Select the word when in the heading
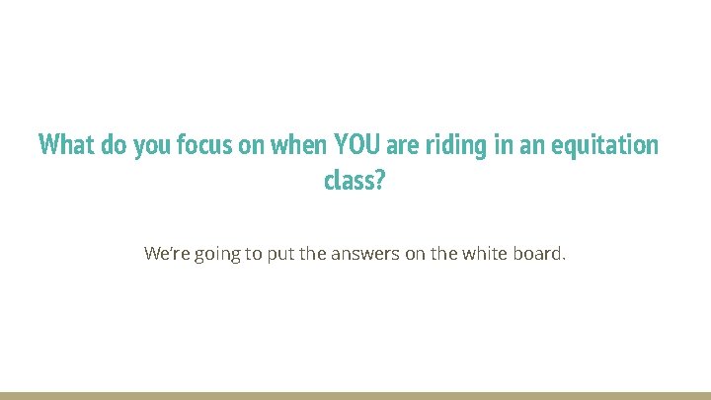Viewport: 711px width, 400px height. [x=294, y=146]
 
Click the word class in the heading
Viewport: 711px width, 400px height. [x=347, y=181]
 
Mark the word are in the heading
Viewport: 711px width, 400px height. [x=402, y=146]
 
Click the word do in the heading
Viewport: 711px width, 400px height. [x=110, y=146]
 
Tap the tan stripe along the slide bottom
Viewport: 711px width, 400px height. [x=355, y=395]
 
